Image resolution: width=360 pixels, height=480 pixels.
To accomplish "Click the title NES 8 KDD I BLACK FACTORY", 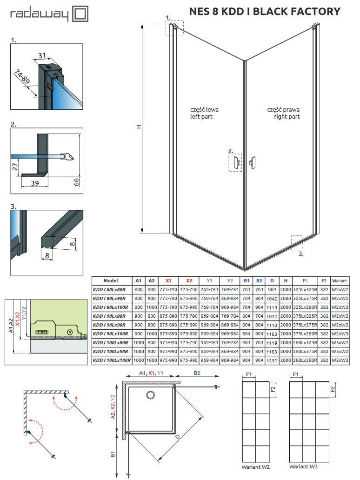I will click(265, 12).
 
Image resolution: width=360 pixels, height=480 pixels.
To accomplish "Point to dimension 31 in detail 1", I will click(42, 55).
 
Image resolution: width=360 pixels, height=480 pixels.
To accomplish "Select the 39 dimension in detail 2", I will click(35, 184).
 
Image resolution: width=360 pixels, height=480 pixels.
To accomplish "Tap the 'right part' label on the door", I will click(287, 116).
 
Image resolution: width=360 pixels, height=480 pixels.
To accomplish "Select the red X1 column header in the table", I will click(169, 280).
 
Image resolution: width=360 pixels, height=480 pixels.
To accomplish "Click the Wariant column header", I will click(340, 280).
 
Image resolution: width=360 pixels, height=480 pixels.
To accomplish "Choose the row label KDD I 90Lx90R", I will click(111, 325).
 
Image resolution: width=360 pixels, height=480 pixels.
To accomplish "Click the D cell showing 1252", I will click(272, 360).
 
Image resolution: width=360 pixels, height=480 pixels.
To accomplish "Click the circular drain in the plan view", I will click(151, 395).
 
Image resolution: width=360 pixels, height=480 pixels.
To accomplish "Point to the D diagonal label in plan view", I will click(177, 437).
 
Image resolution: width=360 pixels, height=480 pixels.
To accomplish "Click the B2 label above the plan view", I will click(197, 373).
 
